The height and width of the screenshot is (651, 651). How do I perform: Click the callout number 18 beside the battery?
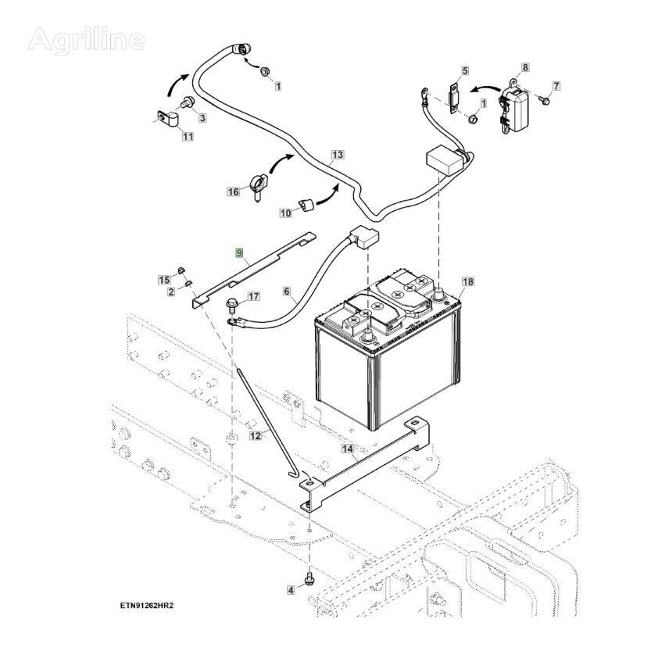click(x=468, y=281)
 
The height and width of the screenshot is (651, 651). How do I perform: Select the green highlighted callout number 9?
click(x=241, y=253)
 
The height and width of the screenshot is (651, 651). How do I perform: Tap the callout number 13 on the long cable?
click(x=337, y=155)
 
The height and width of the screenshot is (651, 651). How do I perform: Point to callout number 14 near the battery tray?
click(x=348, y=449)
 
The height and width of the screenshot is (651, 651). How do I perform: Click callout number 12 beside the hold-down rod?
click(x=256, y=436)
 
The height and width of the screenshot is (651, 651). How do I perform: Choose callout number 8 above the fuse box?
click(x=524, y=68)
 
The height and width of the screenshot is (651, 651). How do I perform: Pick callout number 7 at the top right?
click(x=556, y=85)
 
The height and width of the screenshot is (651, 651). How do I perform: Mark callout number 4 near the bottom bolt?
click(x=291, y=590)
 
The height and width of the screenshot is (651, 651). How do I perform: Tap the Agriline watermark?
click(x=86, y=39)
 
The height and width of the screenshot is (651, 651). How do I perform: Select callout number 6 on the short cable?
click(x=288, y=293)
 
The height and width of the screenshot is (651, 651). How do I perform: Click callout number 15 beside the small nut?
click(x=165, y=280)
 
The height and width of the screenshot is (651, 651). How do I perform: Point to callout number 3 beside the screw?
click(x=202, y=118)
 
